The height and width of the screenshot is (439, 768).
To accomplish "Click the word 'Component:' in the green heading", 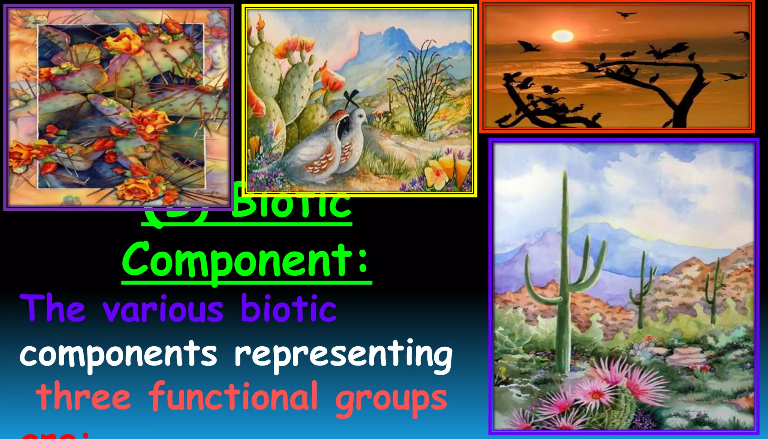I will (x=246, y=260).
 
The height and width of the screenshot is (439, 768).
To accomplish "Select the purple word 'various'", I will (x=163, y=310).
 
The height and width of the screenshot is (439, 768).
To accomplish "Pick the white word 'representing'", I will (x=343, y=355).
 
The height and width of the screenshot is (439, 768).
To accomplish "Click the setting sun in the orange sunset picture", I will (x=562, y=36).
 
